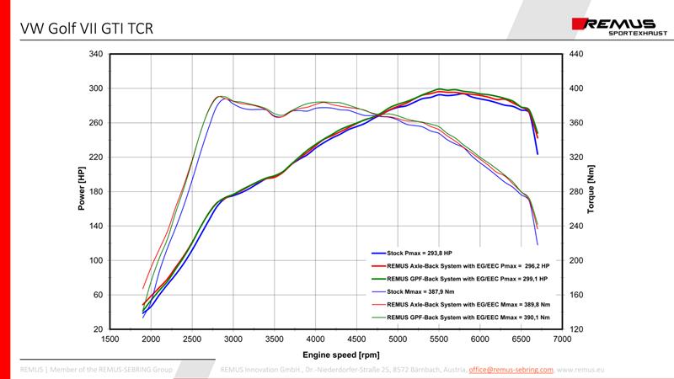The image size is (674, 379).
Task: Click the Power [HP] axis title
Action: point(82,191)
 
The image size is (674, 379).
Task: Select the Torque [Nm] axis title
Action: point(591,191)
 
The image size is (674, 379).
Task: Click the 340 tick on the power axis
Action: point(95,54)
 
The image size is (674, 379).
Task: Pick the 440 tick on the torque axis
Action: point(578,54)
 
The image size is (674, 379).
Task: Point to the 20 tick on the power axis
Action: point(98,329)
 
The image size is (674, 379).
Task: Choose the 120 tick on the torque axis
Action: point(578,329)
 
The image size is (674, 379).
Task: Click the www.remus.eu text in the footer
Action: point(580,369)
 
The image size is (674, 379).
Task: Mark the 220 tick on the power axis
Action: point(95,157)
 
